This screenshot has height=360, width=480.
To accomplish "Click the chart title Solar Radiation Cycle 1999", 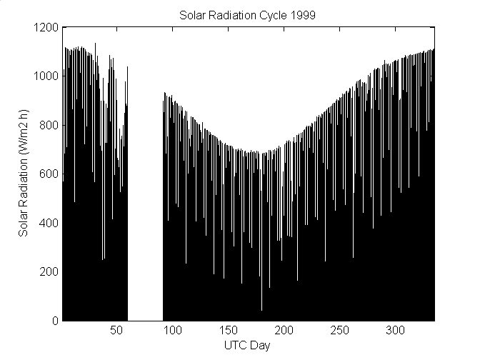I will coord(249,14).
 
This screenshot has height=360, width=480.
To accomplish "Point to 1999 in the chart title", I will coord(297,14).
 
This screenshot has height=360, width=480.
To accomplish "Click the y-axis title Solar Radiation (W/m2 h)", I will coord(24,174).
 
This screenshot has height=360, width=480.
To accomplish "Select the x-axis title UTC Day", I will coord(249,345).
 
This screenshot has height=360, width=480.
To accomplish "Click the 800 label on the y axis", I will coord(50,125).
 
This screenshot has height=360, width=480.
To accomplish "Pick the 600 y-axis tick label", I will coord(50,174).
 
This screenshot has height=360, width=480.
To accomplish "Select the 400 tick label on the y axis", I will coord(50,223).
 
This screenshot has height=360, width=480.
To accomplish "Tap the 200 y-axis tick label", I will coord(50,272).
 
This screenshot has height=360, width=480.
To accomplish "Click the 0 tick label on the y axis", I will coord(55,321).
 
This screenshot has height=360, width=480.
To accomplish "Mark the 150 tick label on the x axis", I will coord(229,331).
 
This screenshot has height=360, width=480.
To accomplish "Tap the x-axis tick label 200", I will coord(284,331).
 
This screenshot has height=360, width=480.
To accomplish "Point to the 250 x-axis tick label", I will coord(340,331).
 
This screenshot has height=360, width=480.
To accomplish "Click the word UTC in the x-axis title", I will coord(237,345).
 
